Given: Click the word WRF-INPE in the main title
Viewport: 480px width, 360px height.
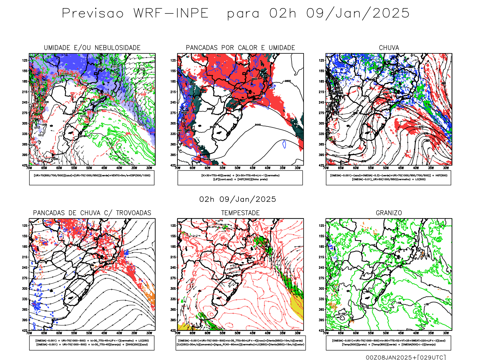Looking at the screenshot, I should tap(171, 13).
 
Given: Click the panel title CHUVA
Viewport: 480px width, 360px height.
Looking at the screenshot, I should tap(389, 48).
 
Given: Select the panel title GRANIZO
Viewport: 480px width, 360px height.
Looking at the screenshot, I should tap(389, 213).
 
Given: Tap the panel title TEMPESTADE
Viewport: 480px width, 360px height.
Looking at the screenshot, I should tap(240, 213).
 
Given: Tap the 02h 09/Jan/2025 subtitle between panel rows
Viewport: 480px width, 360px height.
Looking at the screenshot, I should tap(238, 199).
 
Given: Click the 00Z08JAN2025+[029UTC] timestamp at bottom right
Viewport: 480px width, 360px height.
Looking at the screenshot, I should tap(406, 357).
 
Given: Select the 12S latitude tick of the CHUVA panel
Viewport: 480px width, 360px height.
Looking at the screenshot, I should tap(322, 60).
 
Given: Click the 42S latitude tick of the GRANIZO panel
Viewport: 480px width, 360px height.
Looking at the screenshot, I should tap(322, 330).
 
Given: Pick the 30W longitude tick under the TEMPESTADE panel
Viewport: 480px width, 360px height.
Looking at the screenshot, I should tap(298, 333).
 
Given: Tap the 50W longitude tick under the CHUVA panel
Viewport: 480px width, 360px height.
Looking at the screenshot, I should tap(386, 168).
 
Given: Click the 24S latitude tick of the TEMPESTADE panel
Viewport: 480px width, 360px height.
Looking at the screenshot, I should tap(173, 267).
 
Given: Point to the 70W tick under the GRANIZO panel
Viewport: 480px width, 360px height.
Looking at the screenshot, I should tap(326, 333).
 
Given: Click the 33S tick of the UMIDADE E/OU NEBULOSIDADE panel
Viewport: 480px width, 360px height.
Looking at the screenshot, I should tap(25, 134).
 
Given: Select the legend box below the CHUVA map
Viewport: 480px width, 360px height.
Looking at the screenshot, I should tap(388, 178).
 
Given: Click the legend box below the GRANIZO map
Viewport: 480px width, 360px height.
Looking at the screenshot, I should tap(388, 343).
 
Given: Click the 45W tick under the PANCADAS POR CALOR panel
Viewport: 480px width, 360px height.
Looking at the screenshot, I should tap(253, 168).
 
